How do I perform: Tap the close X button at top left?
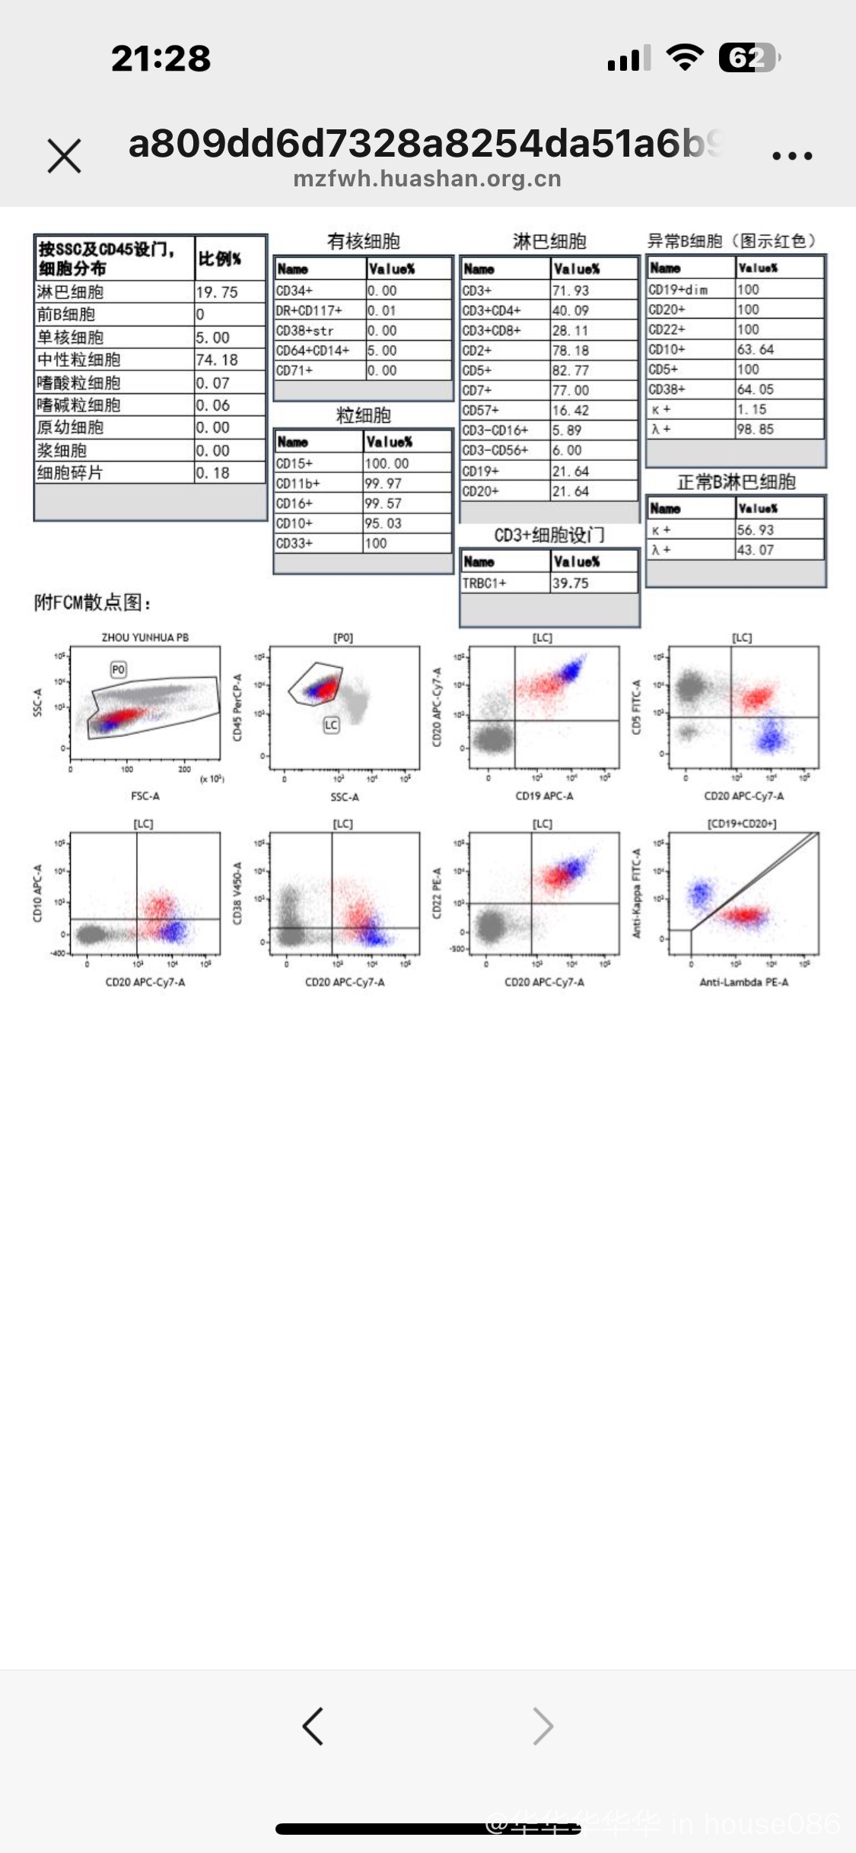(64, 156)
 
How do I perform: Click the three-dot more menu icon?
(792, 156)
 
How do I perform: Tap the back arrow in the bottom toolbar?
(313, 1725)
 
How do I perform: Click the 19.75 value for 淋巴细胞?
(217, 292)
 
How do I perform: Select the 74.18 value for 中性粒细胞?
(217, 360)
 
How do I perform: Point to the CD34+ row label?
(294, 291)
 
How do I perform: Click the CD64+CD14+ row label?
(313, 351)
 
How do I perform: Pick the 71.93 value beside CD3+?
(571, 291)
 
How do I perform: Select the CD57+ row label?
(480, 410)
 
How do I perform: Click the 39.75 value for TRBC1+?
(570, 583)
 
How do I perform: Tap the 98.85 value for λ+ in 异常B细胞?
(755, 429)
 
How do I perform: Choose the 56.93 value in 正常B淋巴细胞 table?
(755, 529)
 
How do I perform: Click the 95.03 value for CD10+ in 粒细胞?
(383, 523)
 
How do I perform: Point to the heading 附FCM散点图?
(93, 603)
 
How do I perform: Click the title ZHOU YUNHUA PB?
(145, 637)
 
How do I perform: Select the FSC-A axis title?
(145, 796)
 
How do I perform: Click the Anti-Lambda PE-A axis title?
(743, 982)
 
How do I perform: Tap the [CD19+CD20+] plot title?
(742, 824)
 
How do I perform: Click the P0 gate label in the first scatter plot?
(118, 669)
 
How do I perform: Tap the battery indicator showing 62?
(749, 58)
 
